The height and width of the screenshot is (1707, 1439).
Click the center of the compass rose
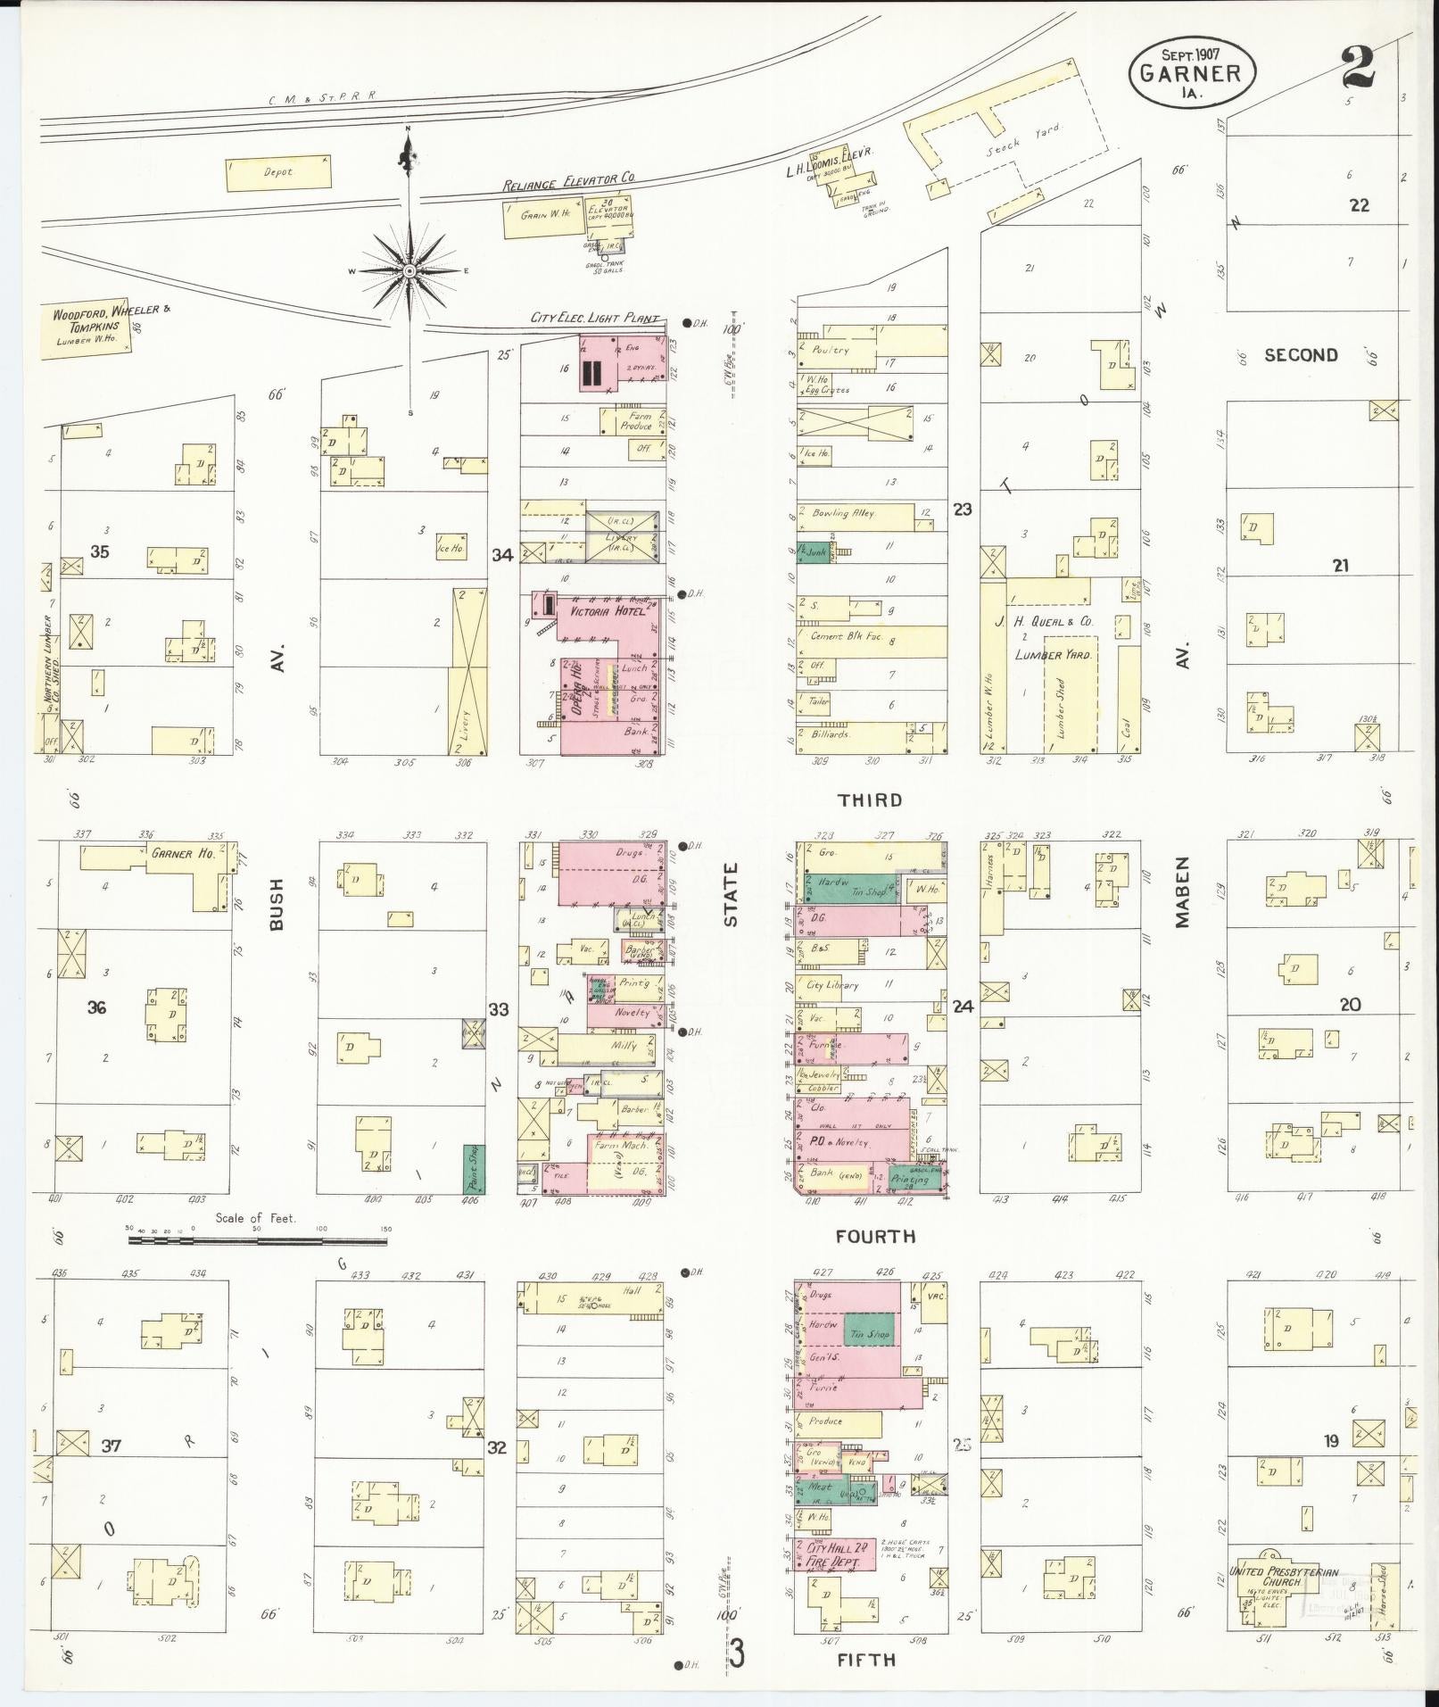point(409,270)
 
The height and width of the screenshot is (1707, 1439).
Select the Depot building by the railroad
point(277,171)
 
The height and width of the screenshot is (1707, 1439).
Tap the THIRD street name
point(872,800)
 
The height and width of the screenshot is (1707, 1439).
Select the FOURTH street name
point(874,1237)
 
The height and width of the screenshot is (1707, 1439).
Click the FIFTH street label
point(866,1659)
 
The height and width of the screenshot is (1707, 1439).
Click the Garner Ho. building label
point(172,853)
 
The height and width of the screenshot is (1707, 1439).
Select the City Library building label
point(831,985)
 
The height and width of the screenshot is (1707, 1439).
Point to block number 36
point(96,1007)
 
